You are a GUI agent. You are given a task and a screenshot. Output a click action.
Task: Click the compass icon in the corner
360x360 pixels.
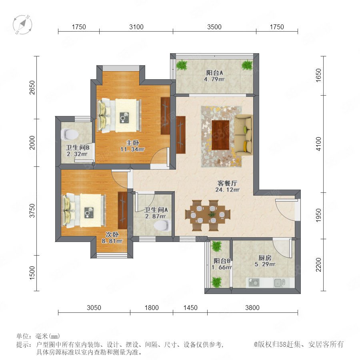(22, 24)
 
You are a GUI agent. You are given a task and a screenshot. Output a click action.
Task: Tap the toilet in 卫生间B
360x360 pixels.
(70, 134)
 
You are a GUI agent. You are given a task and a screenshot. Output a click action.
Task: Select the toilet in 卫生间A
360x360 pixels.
(162, 225)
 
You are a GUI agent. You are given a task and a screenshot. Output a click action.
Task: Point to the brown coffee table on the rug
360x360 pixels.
(221, 135)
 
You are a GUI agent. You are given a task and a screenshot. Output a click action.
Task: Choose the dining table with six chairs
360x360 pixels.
(208, 215)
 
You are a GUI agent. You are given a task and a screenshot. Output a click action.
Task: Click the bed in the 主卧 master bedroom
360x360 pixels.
(119, 116)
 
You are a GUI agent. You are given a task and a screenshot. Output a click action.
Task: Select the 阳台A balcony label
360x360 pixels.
(214, 73)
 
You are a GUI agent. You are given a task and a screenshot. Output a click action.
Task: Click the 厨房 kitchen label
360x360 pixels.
(265, 258)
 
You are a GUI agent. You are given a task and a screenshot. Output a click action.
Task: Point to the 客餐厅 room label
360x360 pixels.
(227, 183)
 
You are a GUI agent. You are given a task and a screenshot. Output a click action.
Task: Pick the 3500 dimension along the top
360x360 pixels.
(214, 27)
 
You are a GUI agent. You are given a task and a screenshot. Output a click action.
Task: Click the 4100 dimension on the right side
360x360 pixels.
(318, 144)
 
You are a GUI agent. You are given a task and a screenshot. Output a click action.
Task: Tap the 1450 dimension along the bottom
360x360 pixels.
(190, 308)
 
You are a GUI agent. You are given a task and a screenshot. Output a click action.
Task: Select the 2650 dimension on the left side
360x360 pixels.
(32, 88)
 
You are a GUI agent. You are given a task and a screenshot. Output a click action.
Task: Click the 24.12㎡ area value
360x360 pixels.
(227, 190)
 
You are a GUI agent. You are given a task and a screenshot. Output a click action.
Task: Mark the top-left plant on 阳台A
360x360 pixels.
(182, 65)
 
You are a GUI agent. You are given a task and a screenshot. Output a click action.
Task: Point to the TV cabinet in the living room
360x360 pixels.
(181, 135)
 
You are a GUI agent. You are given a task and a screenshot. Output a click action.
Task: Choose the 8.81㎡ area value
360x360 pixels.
(112, 241)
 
